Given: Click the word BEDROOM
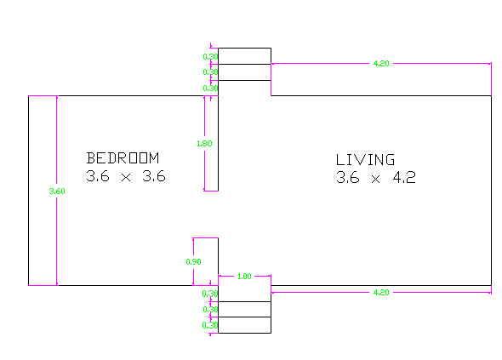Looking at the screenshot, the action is [123, 158].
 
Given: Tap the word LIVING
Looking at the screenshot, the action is [365, 159].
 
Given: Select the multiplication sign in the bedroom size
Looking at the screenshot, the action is [126, 178].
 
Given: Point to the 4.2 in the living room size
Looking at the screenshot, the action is [404, 177].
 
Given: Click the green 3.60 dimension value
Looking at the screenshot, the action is [57, 191].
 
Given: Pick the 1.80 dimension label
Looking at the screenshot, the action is [204, 144].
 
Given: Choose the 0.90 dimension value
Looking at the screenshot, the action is [193, 261].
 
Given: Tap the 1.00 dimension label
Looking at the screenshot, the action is [244, 276].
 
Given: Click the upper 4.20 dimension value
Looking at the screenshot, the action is [381, 64].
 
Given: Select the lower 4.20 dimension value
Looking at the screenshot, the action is [381, 293].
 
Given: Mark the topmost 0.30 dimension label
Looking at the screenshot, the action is [210, 57].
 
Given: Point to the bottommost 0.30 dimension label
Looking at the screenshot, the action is [210, 325].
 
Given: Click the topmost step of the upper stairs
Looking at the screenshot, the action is [244, 56].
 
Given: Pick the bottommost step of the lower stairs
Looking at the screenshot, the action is [244, 325].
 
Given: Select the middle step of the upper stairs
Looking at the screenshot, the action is [244, 72].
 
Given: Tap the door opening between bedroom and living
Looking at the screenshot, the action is [219, 214].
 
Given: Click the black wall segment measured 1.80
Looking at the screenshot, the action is [219, 143].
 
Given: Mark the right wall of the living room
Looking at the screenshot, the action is [491, 191].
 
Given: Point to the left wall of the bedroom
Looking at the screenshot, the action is [28, 191].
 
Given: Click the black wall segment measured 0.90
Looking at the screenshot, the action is [219, 261].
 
